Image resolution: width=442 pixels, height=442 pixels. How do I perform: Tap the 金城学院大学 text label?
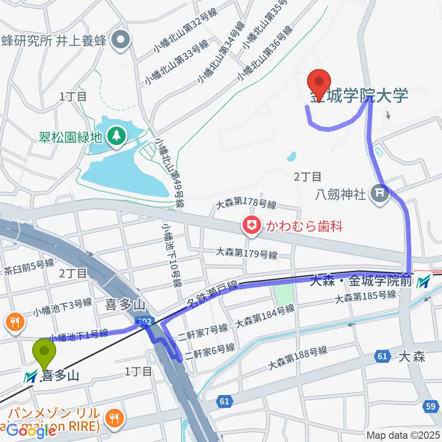(x=359, y=96)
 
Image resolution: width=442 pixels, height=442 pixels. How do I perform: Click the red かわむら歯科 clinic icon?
(x=252, y=226)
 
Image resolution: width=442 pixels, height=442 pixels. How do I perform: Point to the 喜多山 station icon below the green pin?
(x=32, y=377)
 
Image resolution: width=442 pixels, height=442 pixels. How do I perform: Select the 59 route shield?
(x=430, y=406)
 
